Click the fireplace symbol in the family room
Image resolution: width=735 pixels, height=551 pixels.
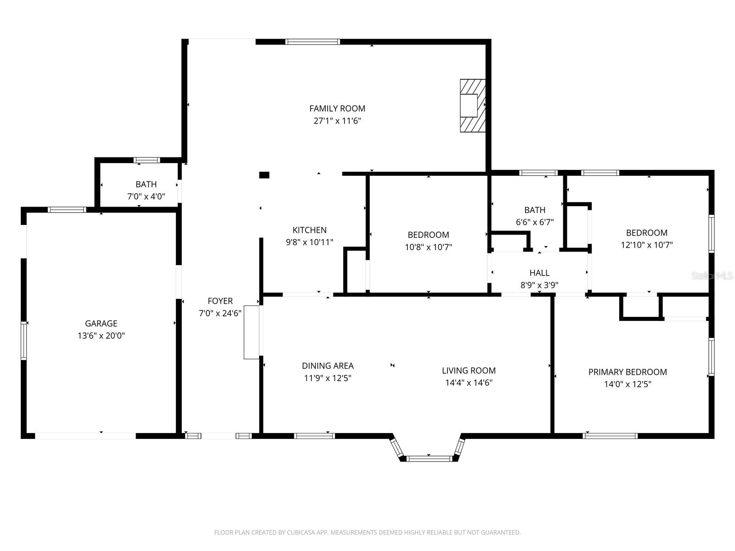coord(473,106)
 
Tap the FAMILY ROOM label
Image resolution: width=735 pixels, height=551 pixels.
coord(337,108)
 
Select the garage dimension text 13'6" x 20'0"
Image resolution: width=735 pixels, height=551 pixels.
coord(101,336)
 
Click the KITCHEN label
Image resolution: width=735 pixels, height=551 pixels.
coord(309,230)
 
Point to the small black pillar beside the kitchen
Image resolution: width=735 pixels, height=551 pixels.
coord(264,175)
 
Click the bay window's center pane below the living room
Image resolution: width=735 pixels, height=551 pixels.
coord(430,458)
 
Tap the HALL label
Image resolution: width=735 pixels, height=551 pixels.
coord(539,273)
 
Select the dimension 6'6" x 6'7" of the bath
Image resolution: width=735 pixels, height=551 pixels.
coord(535,222)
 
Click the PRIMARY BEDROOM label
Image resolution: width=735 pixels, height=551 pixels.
coord(628,372)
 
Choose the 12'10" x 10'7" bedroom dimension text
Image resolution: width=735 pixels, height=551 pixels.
coord(647,245)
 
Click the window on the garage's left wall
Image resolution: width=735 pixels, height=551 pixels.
coord(23,340)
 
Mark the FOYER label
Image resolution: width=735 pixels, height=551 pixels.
coord(220,301)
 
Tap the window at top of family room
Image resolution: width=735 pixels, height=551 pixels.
coord(312,42)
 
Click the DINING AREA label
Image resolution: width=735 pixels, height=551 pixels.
coord(328,366)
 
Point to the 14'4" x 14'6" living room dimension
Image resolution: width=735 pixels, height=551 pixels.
coord(469,383)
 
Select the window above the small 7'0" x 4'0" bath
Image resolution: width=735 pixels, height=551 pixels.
coord(147,160)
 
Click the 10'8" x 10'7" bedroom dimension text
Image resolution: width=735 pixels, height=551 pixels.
coord(428,247)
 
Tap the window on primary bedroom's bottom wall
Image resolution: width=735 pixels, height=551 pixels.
coord(610,436)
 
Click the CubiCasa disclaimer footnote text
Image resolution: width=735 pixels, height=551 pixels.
coord(367,533)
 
